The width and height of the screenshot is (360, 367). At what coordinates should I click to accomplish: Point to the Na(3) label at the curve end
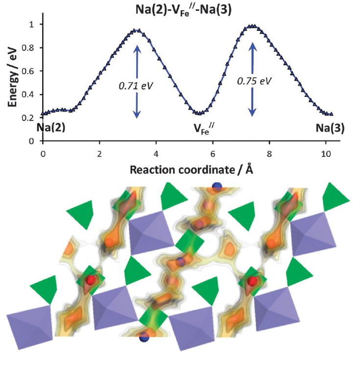click(x=330, y=129)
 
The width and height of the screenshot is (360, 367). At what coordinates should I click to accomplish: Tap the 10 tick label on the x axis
click(x=325, y=153)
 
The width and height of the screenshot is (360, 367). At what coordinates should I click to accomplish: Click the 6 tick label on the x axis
click(x=213, y=153)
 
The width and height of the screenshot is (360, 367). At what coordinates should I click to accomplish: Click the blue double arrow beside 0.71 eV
click(x=137, y=81)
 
